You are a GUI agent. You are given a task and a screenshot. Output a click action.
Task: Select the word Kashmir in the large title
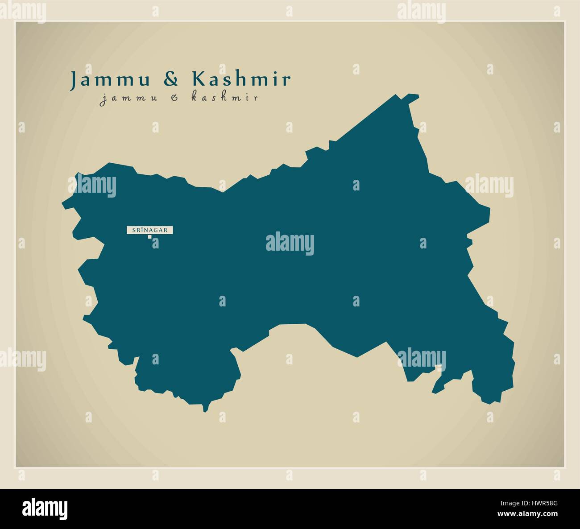coord(241,79)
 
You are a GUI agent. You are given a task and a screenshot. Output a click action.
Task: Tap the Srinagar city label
coord(149,230)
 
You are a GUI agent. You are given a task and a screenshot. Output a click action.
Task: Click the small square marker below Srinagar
coord(150,237)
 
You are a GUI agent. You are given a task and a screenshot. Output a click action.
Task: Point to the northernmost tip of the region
coord(396,95)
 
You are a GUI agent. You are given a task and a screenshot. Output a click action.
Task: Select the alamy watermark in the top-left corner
coord(22,12)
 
